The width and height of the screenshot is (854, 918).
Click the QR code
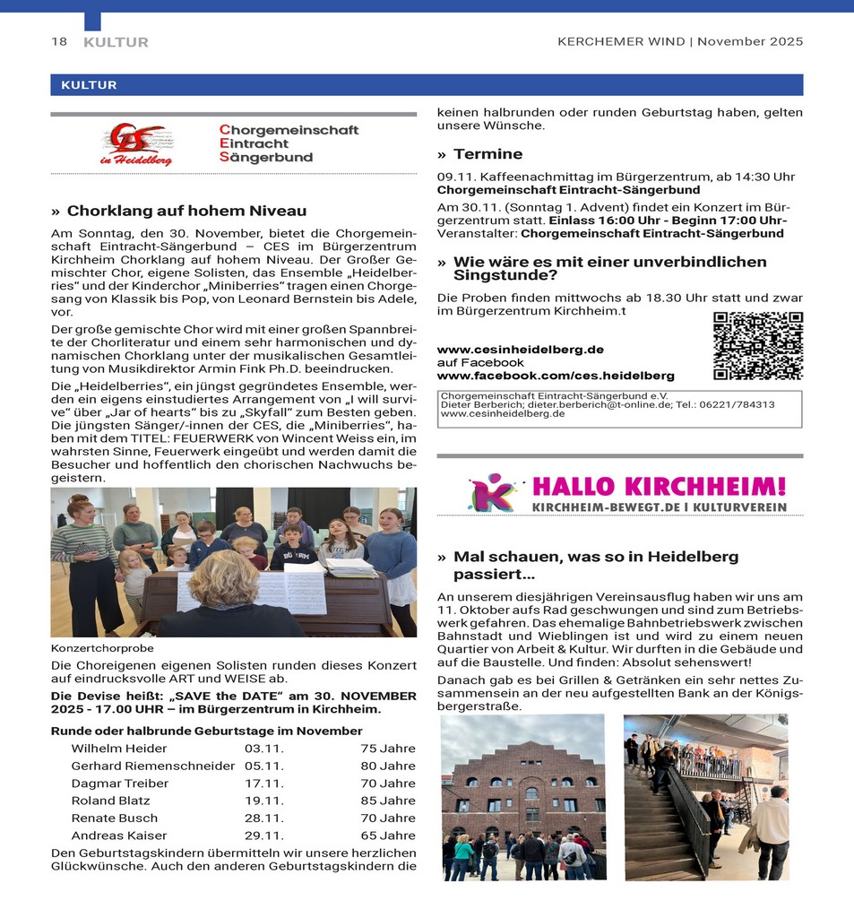click(x=758, y=346)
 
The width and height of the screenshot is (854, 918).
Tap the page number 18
click(x=59, y=41)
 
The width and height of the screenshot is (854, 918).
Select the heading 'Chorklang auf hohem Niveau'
click(x=186, y=211)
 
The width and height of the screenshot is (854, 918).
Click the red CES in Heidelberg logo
click(x=137, y=143)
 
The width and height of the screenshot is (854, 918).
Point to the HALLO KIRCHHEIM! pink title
click(x=659, y=487)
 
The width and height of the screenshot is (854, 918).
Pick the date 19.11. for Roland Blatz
click(x=264, y=801)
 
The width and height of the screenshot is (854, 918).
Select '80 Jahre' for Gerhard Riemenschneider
click(x=388, y=766)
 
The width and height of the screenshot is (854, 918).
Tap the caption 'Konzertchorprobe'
click(x=102, y=647)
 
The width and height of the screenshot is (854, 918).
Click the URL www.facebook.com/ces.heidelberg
click(x=556, y=376)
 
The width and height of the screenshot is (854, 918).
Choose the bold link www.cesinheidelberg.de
click(x=520, y=349)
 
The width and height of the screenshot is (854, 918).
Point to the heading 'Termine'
click(x=487, y=154)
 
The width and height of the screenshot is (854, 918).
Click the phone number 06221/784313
click(x=743, y=404)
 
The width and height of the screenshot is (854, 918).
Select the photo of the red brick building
click(x=524, y=796)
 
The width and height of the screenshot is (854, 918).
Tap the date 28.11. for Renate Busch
click(x=264, y=818)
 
